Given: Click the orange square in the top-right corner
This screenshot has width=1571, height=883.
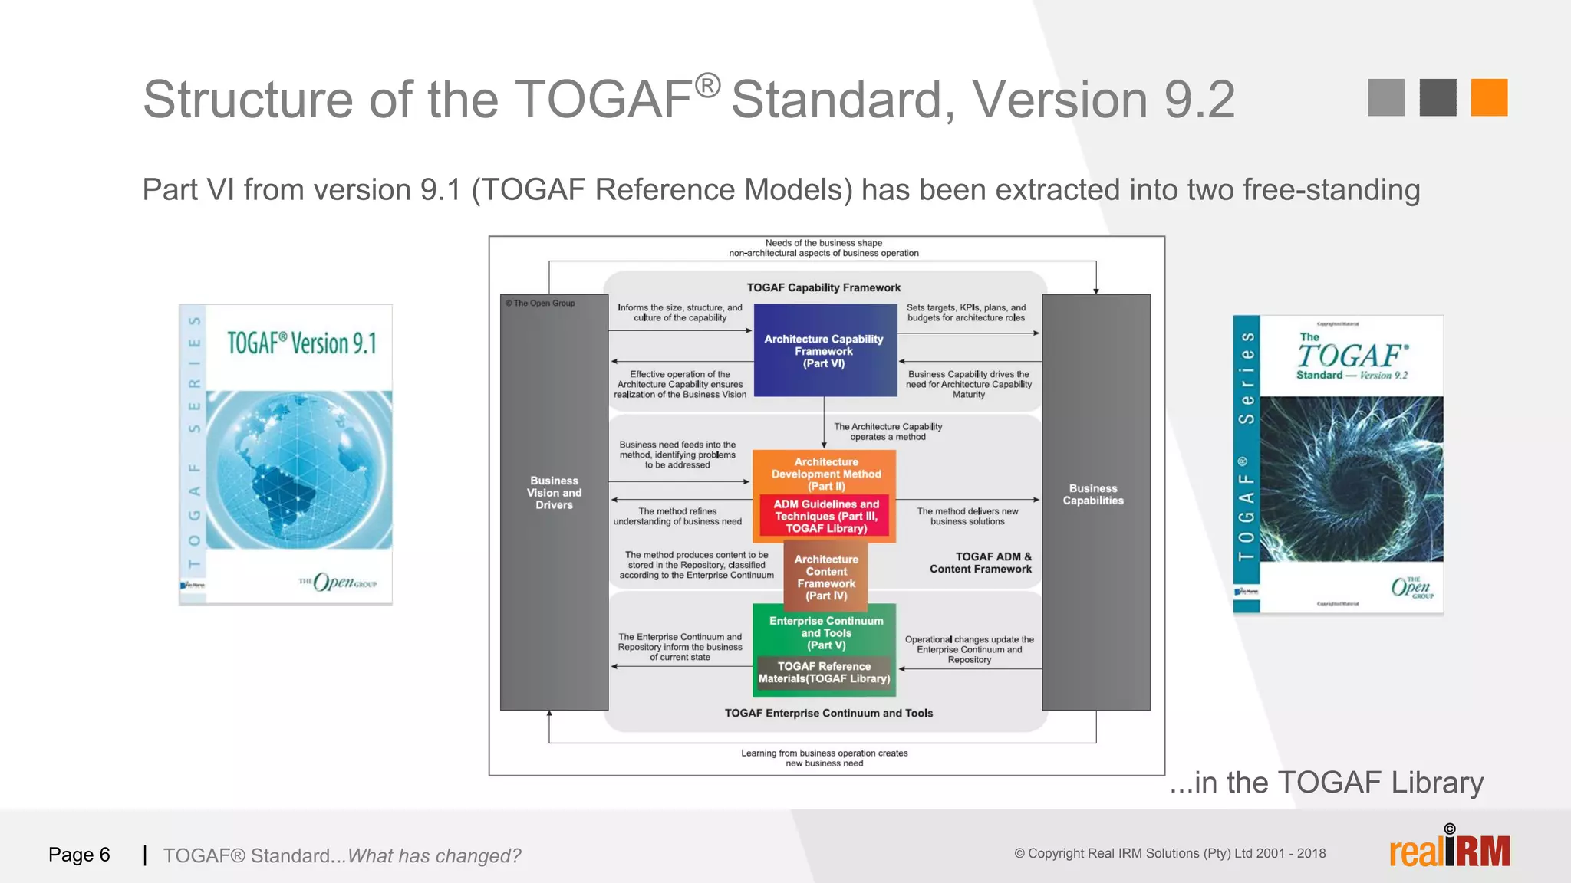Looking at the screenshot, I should tap(1489, 97).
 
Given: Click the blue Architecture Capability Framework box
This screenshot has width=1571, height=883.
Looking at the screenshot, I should tap(825, 350).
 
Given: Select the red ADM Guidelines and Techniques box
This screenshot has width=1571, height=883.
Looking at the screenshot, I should tap(825, 516).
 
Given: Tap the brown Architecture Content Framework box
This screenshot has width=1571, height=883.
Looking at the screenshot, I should tap(825, 576).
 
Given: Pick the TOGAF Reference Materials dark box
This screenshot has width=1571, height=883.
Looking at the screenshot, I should tap(825, 672).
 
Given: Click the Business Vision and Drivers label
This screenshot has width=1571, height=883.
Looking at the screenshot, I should tap(554, 493).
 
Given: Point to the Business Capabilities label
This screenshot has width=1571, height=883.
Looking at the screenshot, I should tap(1093, 494).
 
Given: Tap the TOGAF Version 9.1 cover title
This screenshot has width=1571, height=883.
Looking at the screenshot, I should tap(301, 343).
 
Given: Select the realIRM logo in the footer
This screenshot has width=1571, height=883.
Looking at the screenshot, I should tap(1449, 850).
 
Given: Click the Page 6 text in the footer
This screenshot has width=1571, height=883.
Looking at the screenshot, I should tap(79, 855).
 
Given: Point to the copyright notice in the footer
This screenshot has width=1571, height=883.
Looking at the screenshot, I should tap(1170, 853).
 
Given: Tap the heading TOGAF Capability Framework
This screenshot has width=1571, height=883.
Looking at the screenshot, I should tap(824, 287).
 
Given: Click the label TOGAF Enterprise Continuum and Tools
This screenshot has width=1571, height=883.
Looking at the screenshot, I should tap(828, 713).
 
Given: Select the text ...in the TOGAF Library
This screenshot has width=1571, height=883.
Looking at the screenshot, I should tap(1326, 783).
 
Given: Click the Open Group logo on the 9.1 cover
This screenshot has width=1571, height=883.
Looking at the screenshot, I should tap(338, 583).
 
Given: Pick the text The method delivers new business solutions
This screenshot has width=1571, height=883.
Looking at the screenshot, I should tap(967, 516).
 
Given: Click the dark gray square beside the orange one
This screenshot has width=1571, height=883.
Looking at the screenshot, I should tap(1438, 97).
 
